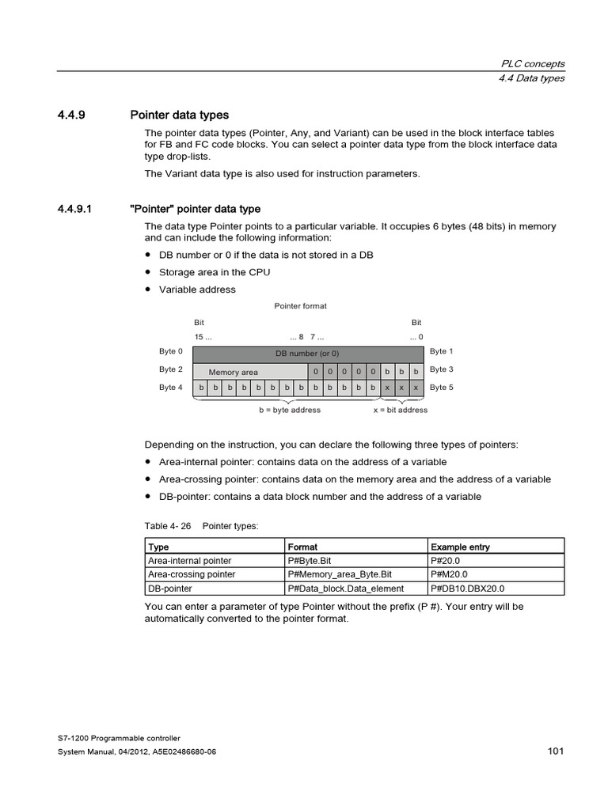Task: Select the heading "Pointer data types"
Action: click(x=179, y=115)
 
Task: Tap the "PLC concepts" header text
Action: click(x=534, y=64)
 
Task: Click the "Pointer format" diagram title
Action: click(x=300, y=305)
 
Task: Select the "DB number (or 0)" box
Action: click(x=307, y=354)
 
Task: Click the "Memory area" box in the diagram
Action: click(x=234, y=372)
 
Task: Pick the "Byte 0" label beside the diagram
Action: click(x=171, y=351)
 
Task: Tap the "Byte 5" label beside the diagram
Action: click(x=442, y=388)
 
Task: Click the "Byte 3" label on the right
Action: click(x=442, y=369)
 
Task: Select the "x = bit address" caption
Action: click(x=401, y=410)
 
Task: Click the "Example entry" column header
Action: click(x=460, y=547)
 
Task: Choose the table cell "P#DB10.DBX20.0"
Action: click(x=467, y=589)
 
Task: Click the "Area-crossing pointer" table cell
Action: click(x=191, y=574)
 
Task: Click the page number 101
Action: click(x=555, y=751)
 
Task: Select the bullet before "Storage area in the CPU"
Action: click(x=148, y=272)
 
